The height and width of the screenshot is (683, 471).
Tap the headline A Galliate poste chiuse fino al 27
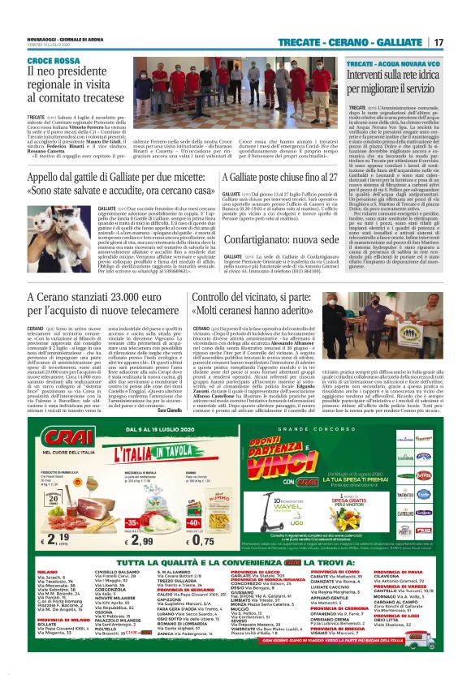point(271,177)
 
